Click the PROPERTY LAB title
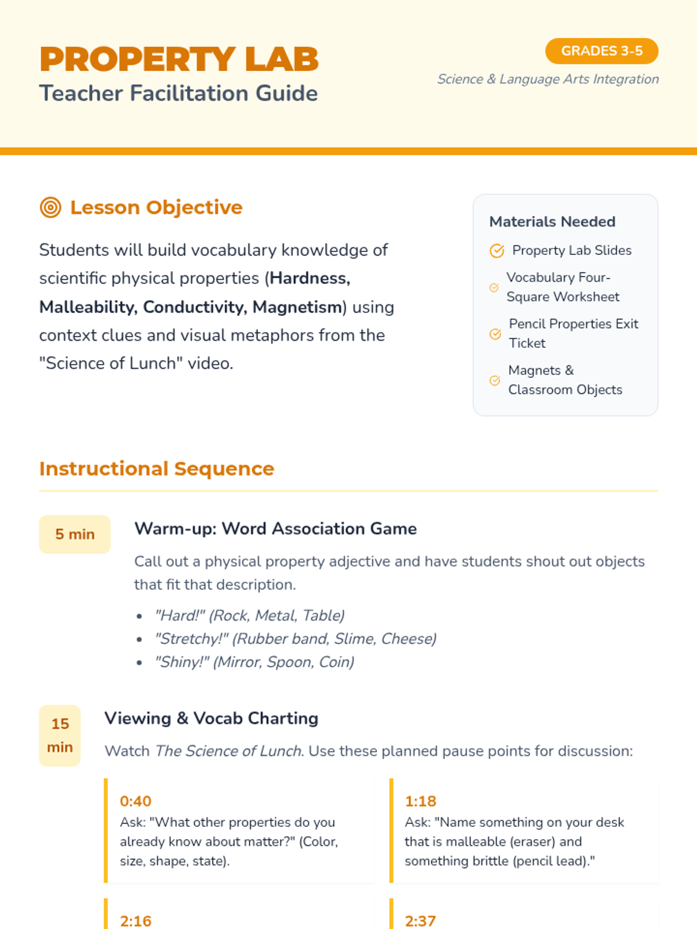[179, 59]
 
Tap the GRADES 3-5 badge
[601, 51]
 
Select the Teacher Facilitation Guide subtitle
[178, 93]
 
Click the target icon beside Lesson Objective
[51, 207]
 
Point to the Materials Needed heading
[552, 222]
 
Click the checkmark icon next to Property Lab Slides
[497, 250]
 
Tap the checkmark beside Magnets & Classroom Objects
[495, 380]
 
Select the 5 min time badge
[74, 534]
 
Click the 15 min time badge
[60, 735]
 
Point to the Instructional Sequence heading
[156, 469]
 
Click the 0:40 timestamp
[135, 801]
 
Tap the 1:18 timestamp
[420, 801]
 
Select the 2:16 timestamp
[135, 921]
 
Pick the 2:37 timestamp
[420, 921]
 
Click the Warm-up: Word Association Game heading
[275, 528]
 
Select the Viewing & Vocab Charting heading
[211, 718]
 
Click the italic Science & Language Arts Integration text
[548, 79]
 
